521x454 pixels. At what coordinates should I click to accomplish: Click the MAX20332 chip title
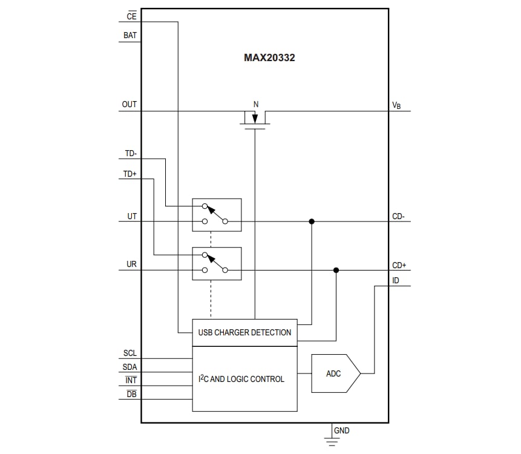269,59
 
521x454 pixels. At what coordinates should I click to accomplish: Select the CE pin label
131,17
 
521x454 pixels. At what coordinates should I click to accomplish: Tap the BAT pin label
130,36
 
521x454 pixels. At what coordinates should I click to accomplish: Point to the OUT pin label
129,105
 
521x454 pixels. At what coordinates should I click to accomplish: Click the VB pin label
396,105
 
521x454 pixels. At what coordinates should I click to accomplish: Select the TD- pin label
130,154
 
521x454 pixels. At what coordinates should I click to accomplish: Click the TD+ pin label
130,174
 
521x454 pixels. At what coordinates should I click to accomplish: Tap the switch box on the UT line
217,215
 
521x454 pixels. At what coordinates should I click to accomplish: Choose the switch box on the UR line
217,263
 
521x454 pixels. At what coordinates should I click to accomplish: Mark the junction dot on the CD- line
312,222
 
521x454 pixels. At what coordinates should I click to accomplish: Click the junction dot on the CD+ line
336,270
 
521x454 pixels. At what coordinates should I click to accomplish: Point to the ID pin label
396,280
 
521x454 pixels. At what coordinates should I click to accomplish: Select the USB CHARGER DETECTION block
244,332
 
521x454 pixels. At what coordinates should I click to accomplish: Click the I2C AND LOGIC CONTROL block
244,379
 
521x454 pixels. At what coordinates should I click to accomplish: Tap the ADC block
335,373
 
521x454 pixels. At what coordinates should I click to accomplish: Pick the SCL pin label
130,353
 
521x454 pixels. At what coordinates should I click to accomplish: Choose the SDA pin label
130,367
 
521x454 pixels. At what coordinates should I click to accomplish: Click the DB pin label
131,394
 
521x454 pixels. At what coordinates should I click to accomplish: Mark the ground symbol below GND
332,441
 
